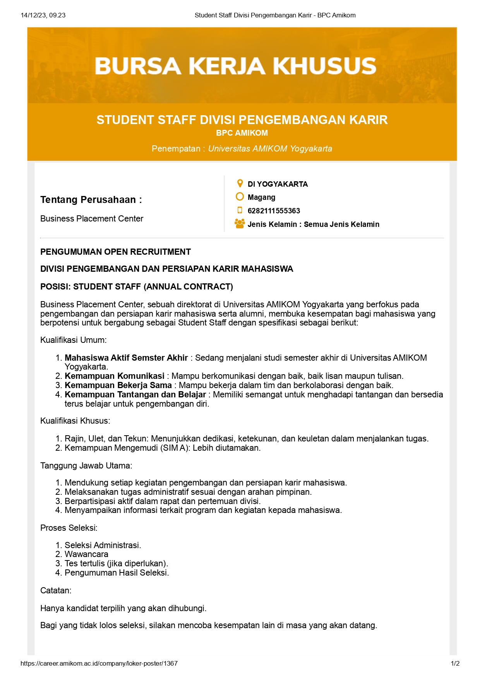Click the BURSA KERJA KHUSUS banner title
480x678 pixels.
(235, 66)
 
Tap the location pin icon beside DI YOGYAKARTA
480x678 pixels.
(240, 184)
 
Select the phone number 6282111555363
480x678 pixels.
(274, 211)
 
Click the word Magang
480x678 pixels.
(261, 197)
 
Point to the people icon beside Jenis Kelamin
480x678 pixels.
(240, 224)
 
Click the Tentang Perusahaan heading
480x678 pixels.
(91, 200)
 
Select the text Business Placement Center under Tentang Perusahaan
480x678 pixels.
(92, 219)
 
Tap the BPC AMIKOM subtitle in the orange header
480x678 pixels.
(242, 133)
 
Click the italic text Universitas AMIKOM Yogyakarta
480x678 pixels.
(270, 149)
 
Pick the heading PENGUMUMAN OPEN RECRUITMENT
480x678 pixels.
(115, 252)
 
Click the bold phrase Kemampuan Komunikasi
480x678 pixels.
(114, 376)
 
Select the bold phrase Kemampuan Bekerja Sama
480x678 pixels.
(118, 385)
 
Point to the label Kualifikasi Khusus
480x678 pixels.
(75, 421)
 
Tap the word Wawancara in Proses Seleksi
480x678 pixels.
(86, 554)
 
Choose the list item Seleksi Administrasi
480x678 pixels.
(103, 545)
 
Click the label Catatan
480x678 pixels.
(56, 591)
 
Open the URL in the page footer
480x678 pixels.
(99, 664)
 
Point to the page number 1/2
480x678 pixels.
(455, 664)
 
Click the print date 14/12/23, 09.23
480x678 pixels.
(43, 15)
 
